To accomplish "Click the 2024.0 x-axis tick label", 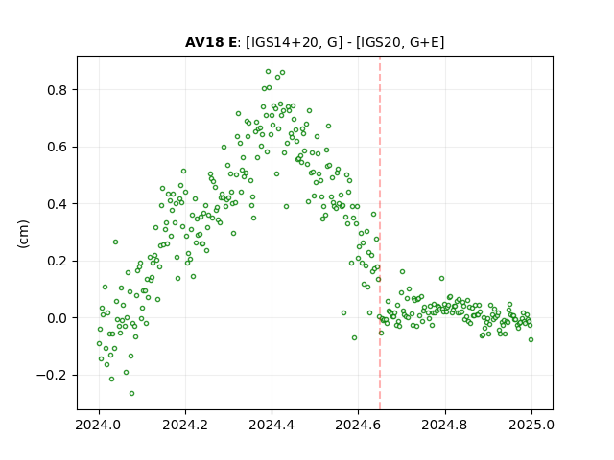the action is click(x=99, y=425).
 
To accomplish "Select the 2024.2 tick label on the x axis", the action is click(x=185, y=425).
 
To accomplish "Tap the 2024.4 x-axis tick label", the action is click(x=272, y=425).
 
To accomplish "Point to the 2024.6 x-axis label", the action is click(x=358, y=425).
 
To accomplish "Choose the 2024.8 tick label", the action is click(x=445, y=425).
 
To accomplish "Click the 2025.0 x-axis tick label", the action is click(x=531, y=425).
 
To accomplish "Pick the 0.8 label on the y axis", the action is click(x=58, y=90).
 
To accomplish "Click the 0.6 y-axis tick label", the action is click(x=58, y=147).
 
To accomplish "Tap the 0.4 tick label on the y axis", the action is click(x=58, y=204).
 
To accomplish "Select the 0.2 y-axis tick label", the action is click(x=58, y=262).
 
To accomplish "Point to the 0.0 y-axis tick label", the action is click(x=58, y=318).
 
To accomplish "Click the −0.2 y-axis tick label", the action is click(x=52, y=375).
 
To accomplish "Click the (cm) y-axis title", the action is click(x=23, y=234).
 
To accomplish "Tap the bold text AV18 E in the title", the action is click(x=211, y=42).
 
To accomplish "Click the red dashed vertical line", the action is click(x=380, y=233).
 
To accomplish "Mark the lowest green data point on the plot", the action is click(x=132, y=393).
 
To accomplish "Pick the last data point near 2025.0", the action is click(x=531, y=339).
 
